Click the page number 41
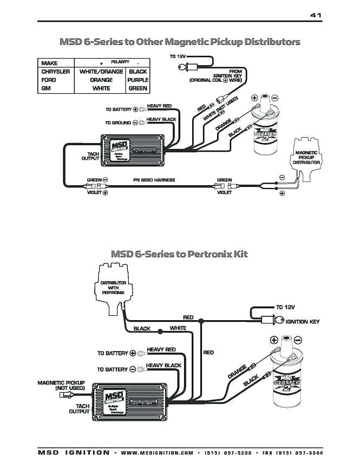[316, 15]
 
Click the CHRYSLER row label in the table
[56, 71]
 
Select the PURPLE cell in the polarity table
[138, 80]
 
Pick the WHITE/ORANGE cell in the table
[101, 71]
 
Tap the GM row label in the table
[46, 88]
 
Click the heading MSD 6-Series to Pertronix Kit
[179, 253]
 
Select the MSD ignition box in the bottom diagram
[129, 398]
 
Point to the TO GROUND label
[118, 123]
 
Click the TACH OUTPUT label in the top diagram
[90, 157]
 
